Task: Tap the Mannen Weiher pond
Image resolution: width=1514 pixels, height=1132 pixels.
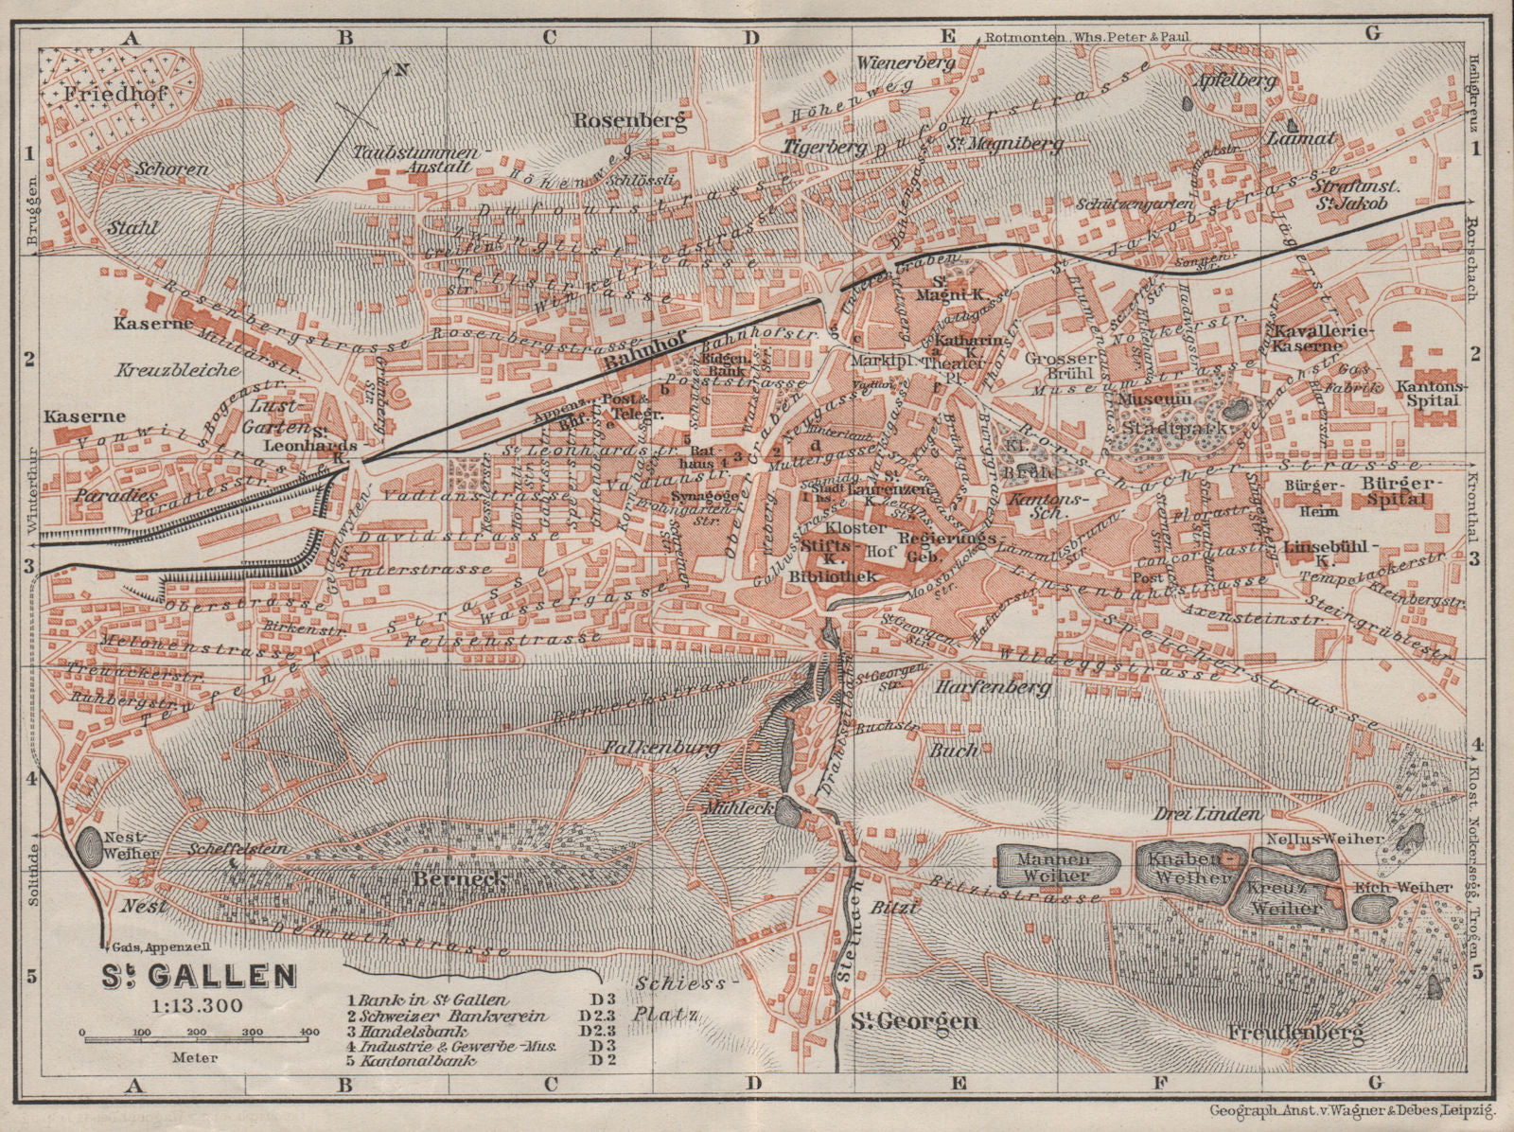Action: pyautogui.click(x=1058, y=868)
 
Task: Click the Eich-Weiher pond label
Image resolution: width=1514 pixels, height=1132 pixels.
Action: pyautogui.click(x=1417, y=887)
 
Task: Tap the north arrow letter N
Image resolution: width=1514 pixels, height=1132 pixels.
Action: pyautogui.click(x=400, y=69)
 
